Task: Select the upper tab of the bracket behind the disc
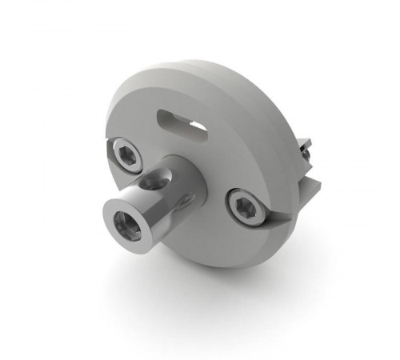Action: [305, 149]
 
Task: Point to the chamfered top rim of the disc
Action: [200, 68]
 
